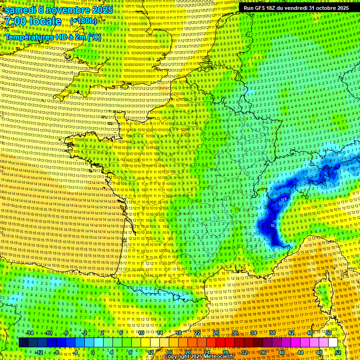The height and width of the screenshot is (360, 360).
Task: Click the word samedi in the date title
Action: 22,10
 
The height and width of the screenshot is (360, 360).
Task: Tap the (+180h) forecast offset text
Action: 83,21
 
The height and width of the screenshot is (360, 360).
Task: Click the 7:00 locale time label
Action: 33,21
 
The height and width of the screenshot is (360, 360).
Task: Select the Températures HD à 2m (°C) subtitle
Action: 53,37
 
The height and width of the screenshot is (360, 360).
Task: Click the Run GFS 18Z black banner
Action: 296,7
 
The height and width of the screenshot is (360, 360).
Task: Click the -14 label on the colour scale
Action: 30,333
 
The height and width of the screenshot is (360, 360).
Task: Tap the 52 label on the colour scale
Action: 337,352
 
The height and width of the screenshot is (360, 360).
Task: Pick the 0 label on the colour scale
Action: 93,352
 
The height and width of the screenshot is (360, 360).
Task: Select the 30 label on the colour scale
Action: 234,333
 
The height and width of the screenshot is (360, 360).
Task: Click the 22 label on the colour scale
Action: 197,333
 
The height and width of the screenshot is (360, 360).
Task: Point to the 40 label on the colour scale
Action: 282,352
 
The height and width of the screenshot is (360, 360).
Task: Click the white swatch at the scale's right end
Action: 332,343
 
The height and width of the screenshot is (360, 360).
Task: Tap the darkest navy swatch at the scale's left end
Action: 23,343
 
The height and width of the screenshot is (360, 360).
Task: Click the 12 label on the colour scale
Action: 150,352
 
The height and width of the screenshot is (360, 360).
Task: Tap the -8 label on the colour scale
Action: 56,352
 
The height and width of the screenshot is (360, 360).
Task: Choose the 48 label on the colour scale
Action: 319,352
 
